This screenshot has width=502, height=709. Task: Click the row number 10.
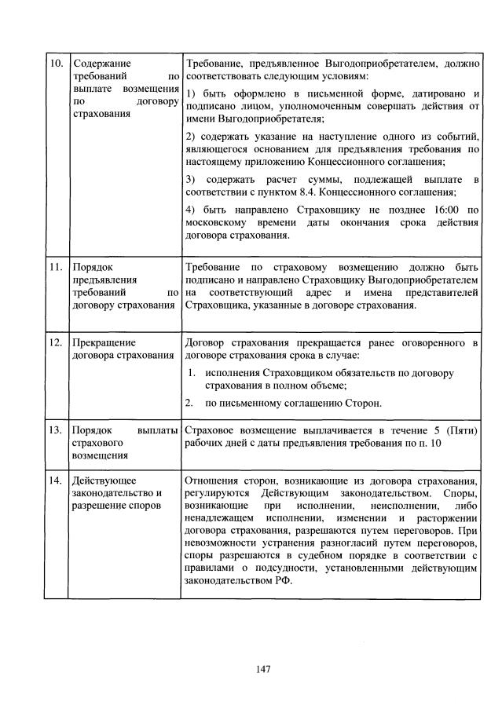54,64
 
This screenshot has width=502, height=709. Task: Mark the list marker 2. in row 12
192,404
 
